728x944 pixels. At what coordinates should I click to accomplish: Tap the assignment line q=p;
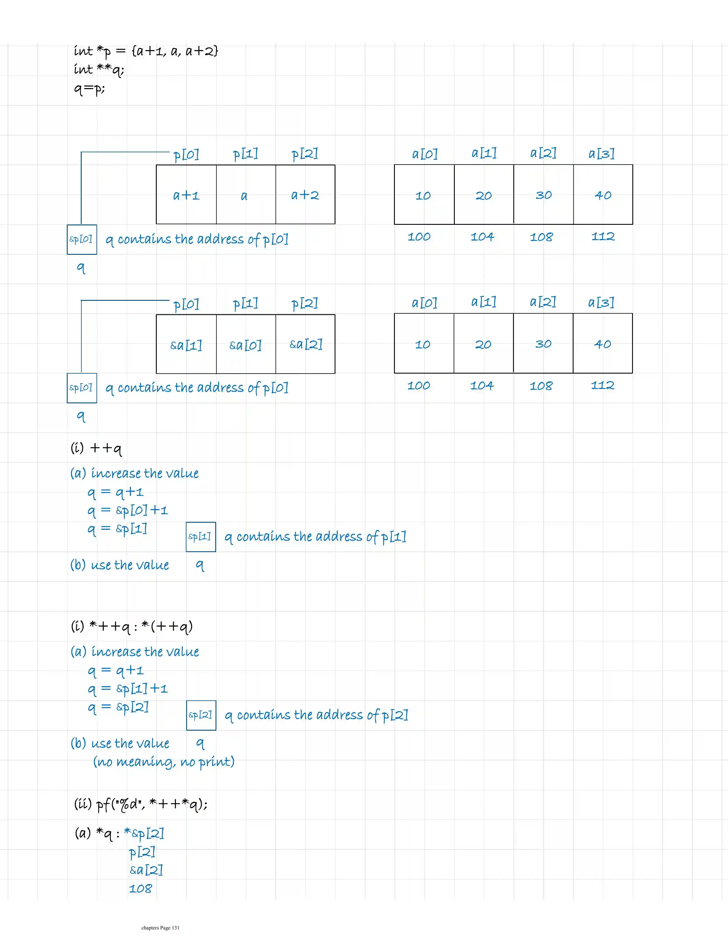[89, 89]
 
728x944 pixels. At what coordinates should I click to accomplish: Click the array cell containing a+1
[186, 195]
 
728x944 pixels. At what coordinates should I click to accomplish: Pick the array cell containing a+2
[305, 195]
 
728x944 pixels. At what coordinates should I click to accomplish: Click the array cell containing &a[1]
[186, 344]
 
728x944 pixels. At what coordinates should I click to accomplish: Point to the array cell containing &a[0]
[246, 344]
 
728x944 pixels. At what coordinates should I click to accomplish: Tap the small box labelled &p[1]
[200, 537]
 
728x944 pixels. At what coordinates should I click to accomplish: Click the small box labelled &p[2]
[201, 715]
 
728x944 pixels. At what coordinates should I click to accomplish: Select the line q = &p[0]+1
[127, 510]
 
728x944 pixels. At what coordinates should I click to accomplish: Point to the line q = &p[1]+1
[127, 689]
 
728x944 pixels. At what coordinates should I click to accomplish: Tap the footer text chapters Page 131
[160, 927]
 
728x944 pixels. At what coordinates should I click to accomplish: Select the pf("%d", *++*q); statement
[141, 804]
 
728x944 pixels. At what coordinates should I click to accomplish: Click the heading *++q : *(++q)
[132, 626]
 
